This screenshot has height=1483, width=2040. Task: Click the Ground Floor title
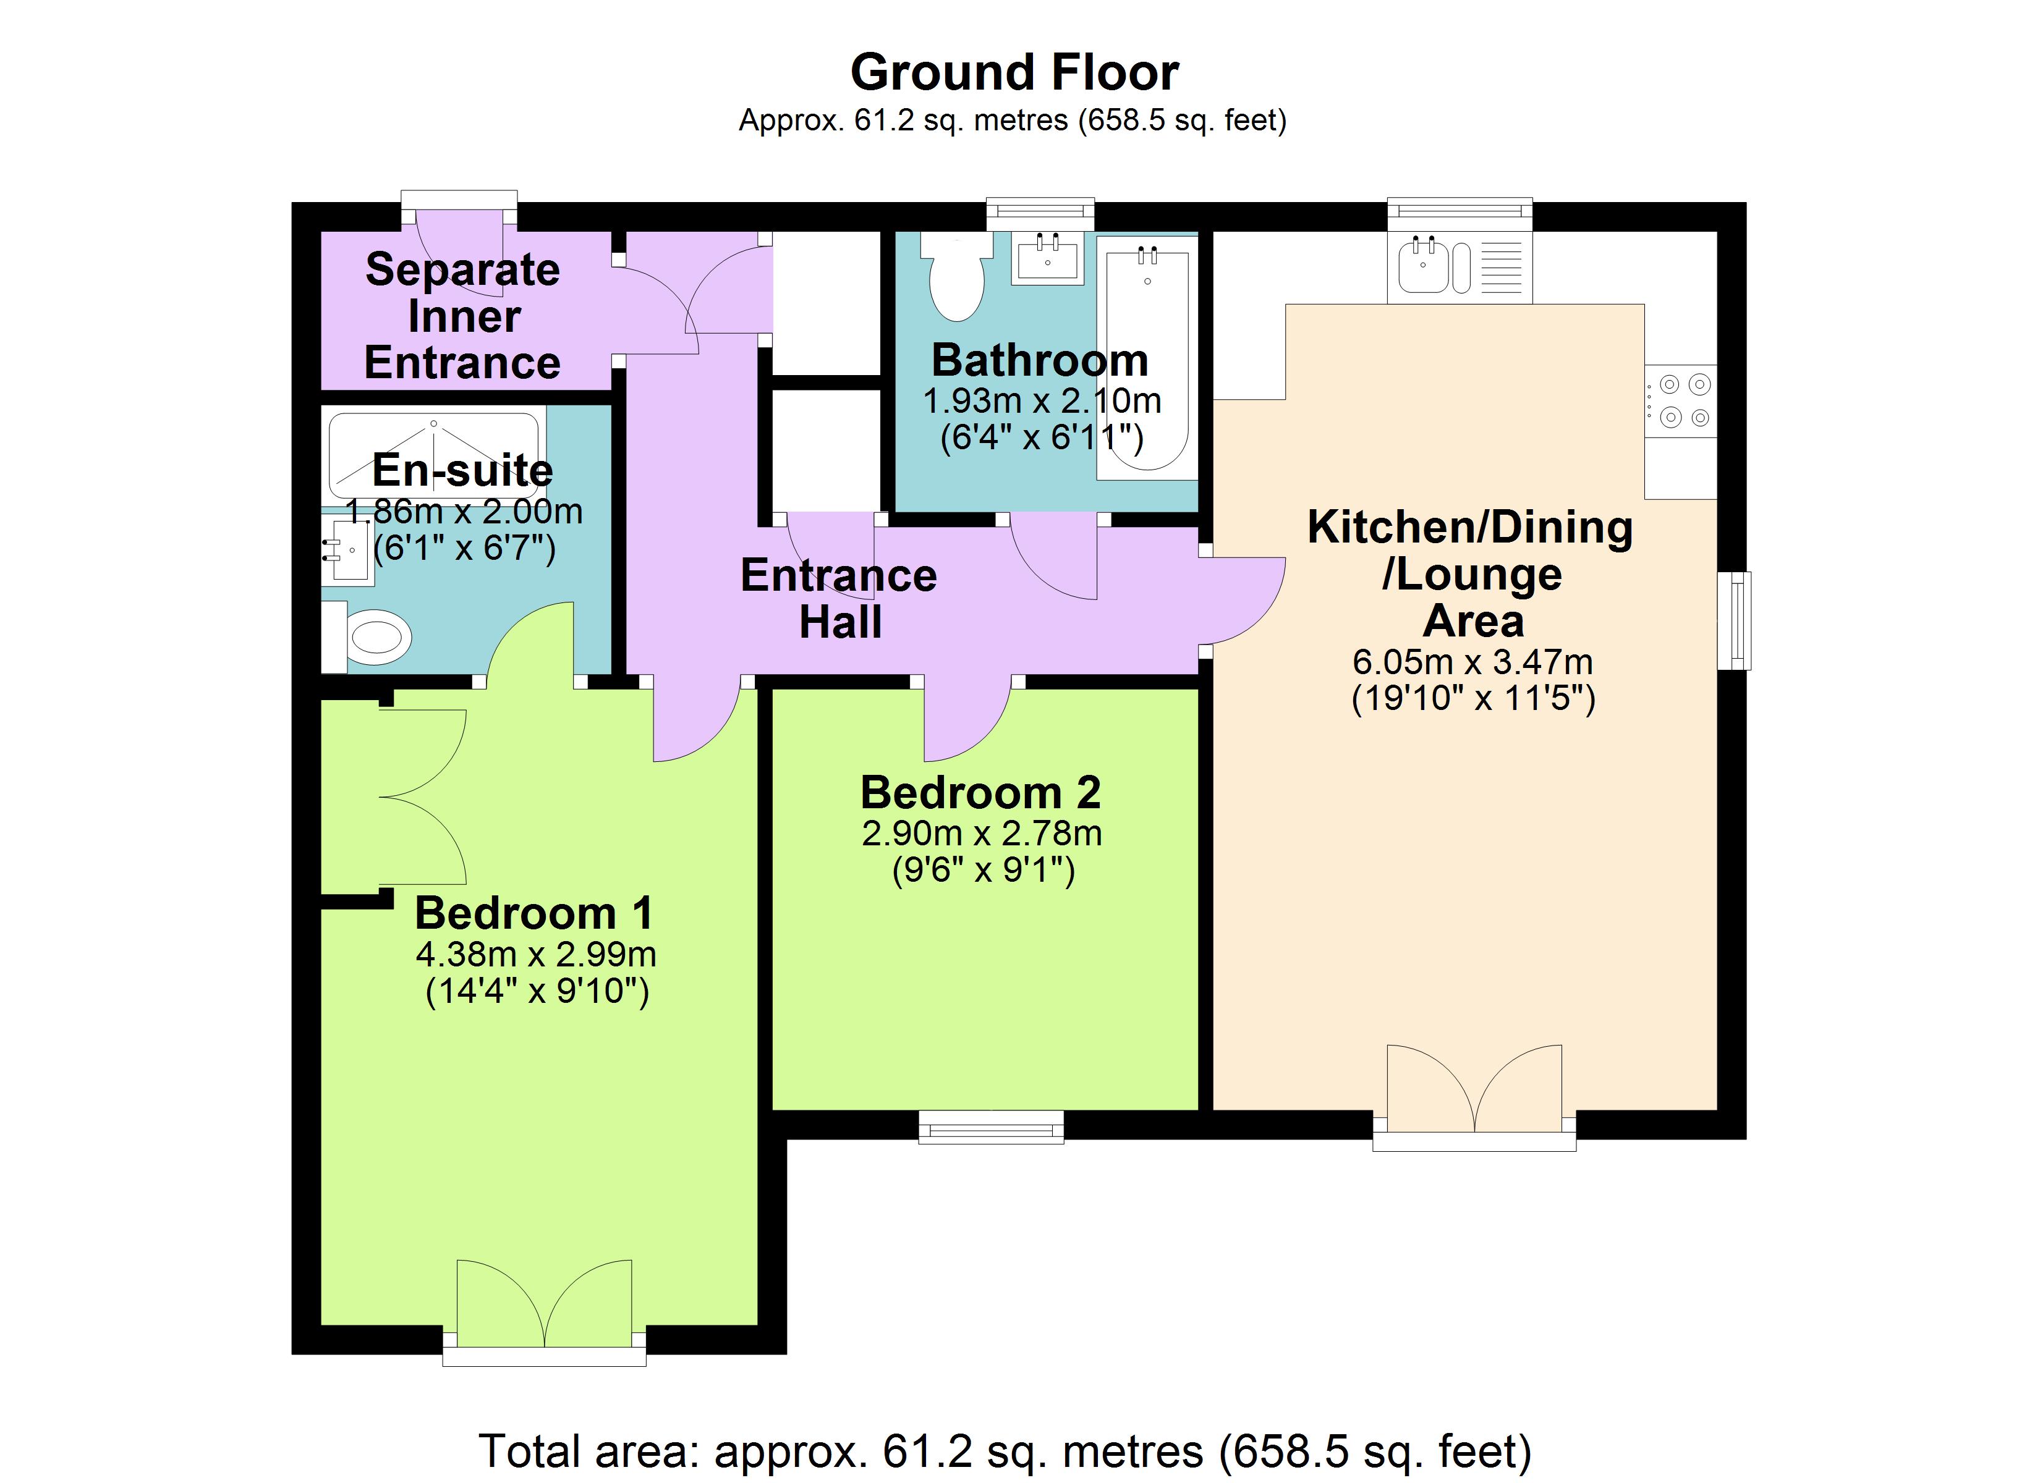1014,72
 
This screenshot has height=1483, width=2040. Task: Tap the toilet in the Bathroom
956,276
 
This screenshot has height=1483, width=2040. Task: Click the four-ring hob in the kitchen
1680,401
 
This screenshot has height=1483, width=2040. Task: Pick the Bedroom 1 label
533,914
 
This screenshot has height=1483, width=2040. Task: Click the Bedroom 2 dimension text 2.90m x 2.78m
981,834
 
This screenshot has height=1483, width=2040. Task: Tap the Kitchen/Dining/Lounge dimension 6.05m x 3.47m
1473,662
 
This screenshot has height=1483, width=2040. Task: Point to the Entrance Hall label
838,598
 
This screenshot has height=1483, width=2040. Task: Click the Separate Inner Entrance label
462,316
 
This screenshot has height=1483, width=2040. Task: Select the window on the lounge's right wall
1734,620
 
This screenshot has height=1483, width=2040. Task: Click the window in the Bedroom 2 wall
991,1127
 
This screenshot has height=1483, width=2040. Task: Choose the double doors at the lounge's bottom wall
1474,1097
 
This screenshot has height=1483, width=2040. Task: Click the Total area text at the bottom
1005,1451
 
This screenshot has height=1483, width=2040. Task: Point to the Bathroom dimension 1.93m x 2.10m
1042,401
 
